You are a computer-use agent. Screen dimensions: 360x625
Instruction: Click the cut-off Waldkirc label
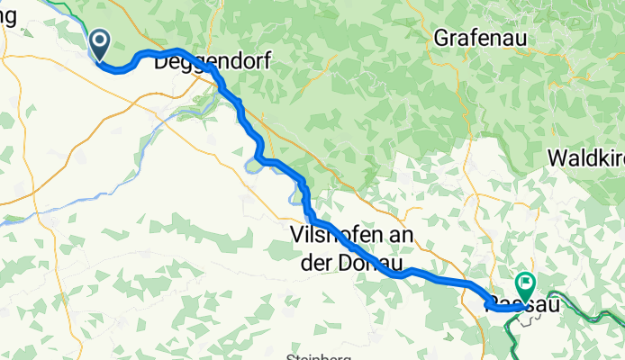coord(585,157)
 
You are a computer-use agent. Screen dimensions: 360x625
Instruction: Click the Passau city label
coord(520,305)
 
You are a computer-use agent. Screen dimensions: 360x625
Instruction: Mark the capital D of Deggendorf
coord(162,63)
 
